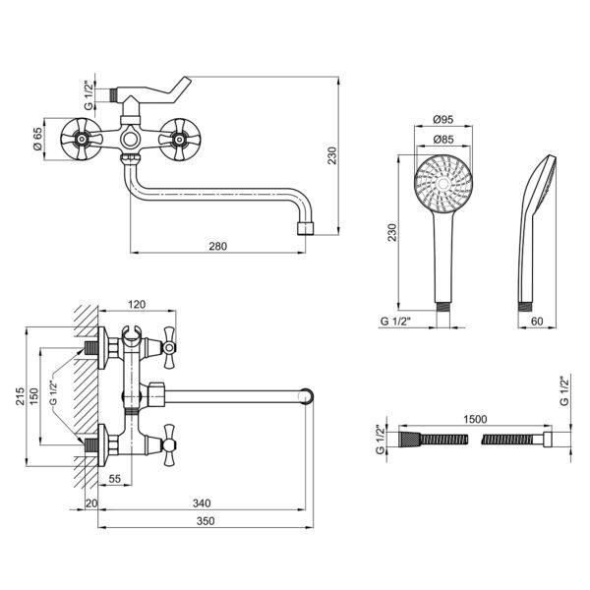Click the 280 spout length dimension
pyautogui.click(x=218, y=246)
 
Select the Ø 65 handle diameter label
pyautogui.click(x=38, y=139)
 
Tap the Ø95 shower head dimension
pyautogui.click(x=443, y=120)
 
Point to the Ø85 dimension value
pyautogui.click(x=443, y=140)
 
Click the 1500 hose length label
pyautogui.click(x=475, y=419)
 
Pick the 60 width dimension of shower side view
pyautogui.click(x=537, y=321)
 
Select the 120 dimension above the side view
pyautogui.click(x=137, y=304)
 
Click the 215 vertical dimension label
pyautogui.click(x=21, y=396)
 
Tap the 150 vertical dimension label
pyautogui.click(x=33, y=397)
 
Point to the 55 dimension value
pyautogui.click(x=115, y=478)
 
